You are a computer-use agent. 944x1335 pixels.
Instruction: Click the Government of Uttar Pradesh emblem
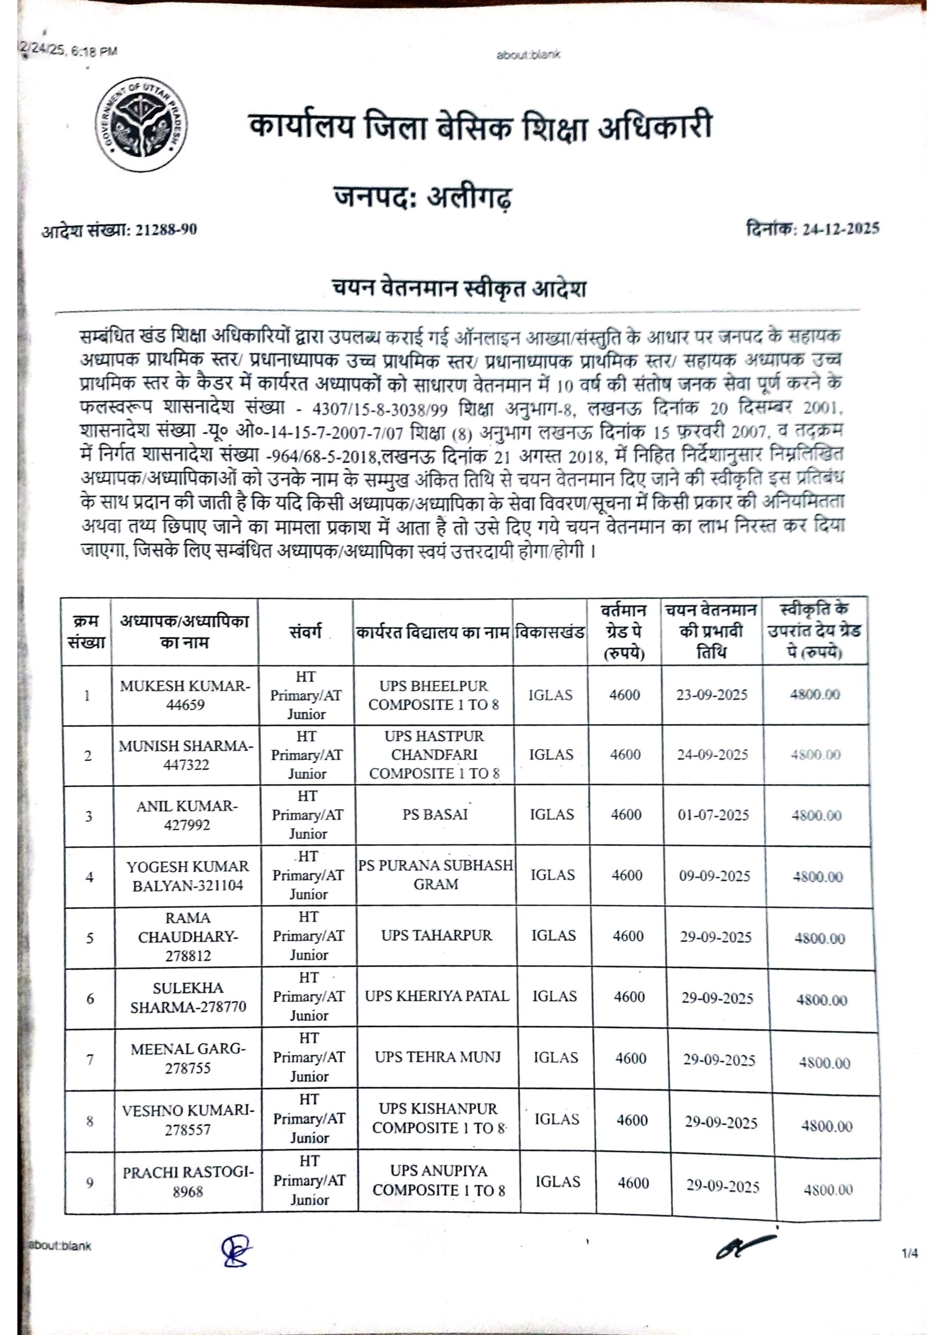click(x=141, y=125)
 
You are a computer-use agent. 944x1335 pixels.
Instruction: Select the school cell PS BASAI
click(x=435, y=814)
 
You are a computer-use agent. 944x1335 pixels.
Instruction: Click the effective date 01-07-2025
click(x=713, y=815)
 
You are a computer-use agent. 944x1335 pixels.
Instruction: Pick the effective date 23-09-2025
click(x=711, y=695)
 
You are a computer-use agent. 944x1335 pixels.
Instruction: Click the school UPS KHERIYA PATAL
click(x=437, y=996)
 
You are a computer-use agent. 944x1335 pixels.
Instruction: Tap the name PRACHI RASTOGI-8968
click(x=188, y=1182)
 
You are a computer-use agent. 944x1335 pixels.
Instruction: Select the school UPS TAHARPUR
click(x=436, y=935)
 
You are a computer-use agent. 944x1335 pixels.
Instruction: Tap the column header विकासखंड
click(x=550, y=632)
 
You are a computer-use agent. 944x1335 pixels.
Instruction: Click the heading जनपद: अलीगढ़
click(x=423, y=197)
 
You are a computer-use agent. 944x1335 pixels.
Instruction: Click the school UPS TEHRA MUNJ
click(x=438, y=1057)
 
